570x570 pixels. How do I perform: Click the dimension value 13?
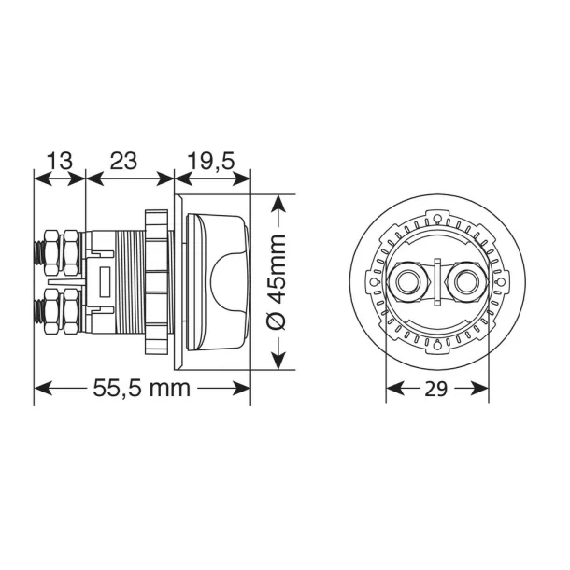pos(59,161)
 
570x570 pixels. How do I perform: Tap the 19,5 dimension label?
pos(211,161)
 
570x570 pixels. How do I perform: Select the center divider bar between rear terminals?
pos(436,281)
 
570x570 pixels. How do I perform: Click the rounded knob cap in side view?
pos(220,281)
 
